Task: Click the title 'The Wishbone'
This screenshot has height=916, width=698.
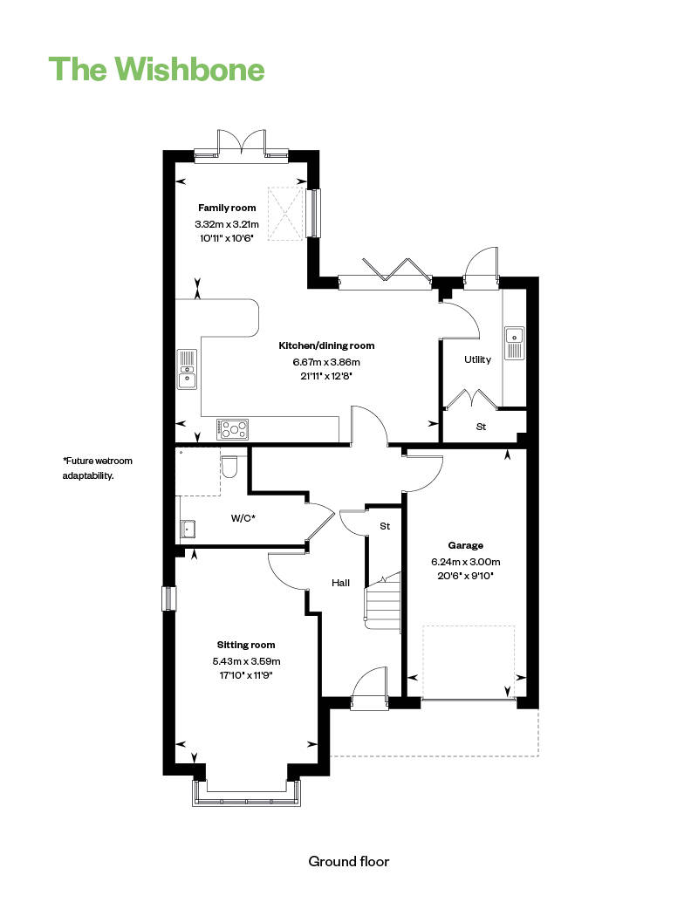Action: pyautogui.click(x=156, y=68)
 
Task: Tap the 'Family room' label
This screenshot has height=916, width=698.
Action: pyautogui.click(x=227, y=208)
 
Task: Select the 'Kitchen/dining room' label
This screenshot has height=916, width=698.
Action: pyautogui.click(x=314, y=345)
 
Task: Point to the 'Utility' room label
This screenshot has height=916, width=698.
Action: pyautogui.click(x=477, y=359)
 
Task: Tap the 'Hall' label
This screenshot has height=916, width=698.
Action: pyautogui.click(x=340, y=582)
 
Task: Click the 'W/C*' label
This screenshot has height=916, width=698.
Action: pyautogui.click(x=243, y=518)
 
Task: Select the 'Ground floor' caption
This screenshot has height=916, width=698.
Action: pyautogui.click(x=348, y=861)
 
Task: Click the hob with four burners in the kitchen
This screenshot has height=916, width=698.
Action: pyautogui.click(x=233, y=428)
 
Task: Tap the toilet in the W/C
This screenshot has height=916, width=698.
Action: pyautogui.click(x=230, y=467)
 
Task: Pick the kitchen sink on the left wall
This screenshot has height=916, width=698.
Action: pyautogui.click(x=188, y=369)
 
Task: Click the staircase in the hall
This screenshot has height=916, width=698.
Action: pyautogui.click(x=382, y=602)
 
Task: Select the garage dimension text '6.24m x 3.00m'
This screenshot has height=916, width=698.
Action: pyautogui.click(x=465, y=562)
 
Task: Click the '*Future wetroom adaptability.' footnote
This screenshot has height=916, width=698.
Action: pyautogui.click(x=98, y=468)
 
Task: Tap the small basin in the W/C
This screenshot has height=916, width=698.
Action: pyautogui.click(x=188, y=527)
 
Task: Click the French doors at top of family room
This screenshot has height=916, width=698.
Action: pyautogui.click(x=242, y=144)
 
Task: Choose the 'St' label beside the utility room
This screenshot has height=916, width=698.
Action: pyautogui.click(x=481, y=427)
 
